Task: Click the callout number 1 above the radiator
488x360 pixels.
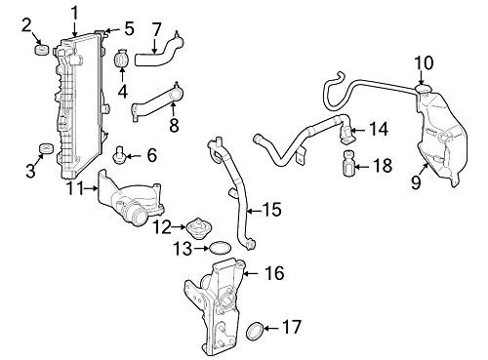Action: pos(75,14)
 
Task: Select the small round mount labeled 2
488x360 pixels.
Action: pos(41,50)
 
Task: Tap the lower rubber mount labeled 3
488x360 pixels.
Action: pos(46,148)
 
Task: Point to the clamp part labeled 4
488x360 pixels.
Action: pos(122,59)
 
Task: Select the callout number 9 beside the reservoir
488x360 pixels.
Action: pos(416,181)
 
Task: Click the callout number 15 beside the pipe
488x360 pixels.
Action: pos(272,210)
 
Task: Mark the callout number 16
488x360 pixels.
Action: pos(275,273)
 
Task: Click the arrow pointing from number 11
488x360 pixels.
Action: pos(91,188)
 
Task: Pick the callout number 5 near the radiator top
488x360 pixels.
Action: pos(129,29)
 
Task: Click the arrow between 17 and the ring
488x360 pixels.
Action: pos(270,328)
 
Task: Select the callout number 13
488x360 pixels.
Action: pos(183,249)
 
